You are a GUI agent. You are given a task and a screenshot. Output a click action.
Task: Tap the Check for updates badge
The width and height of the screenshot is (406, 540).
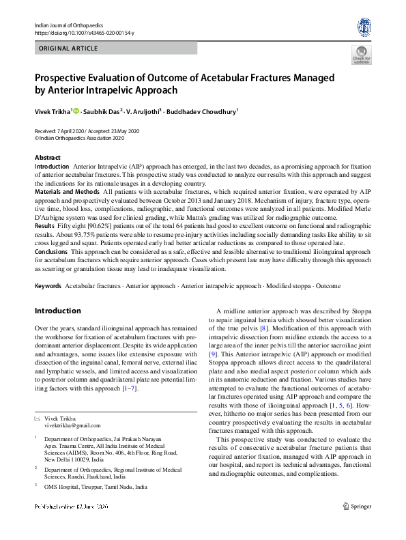click(361, 55)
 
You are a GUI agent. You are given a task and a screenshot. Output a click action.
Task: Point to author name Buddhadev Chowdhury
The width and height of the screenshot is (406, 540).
click(206, 111)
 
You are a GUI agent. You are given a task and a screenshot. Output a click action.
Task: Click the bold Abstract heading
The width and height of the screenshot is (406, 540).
click(47, 158)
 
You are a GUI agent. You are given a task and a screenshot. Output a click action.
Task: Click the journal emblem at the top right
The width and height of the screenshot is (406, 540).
click(363, 27)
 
